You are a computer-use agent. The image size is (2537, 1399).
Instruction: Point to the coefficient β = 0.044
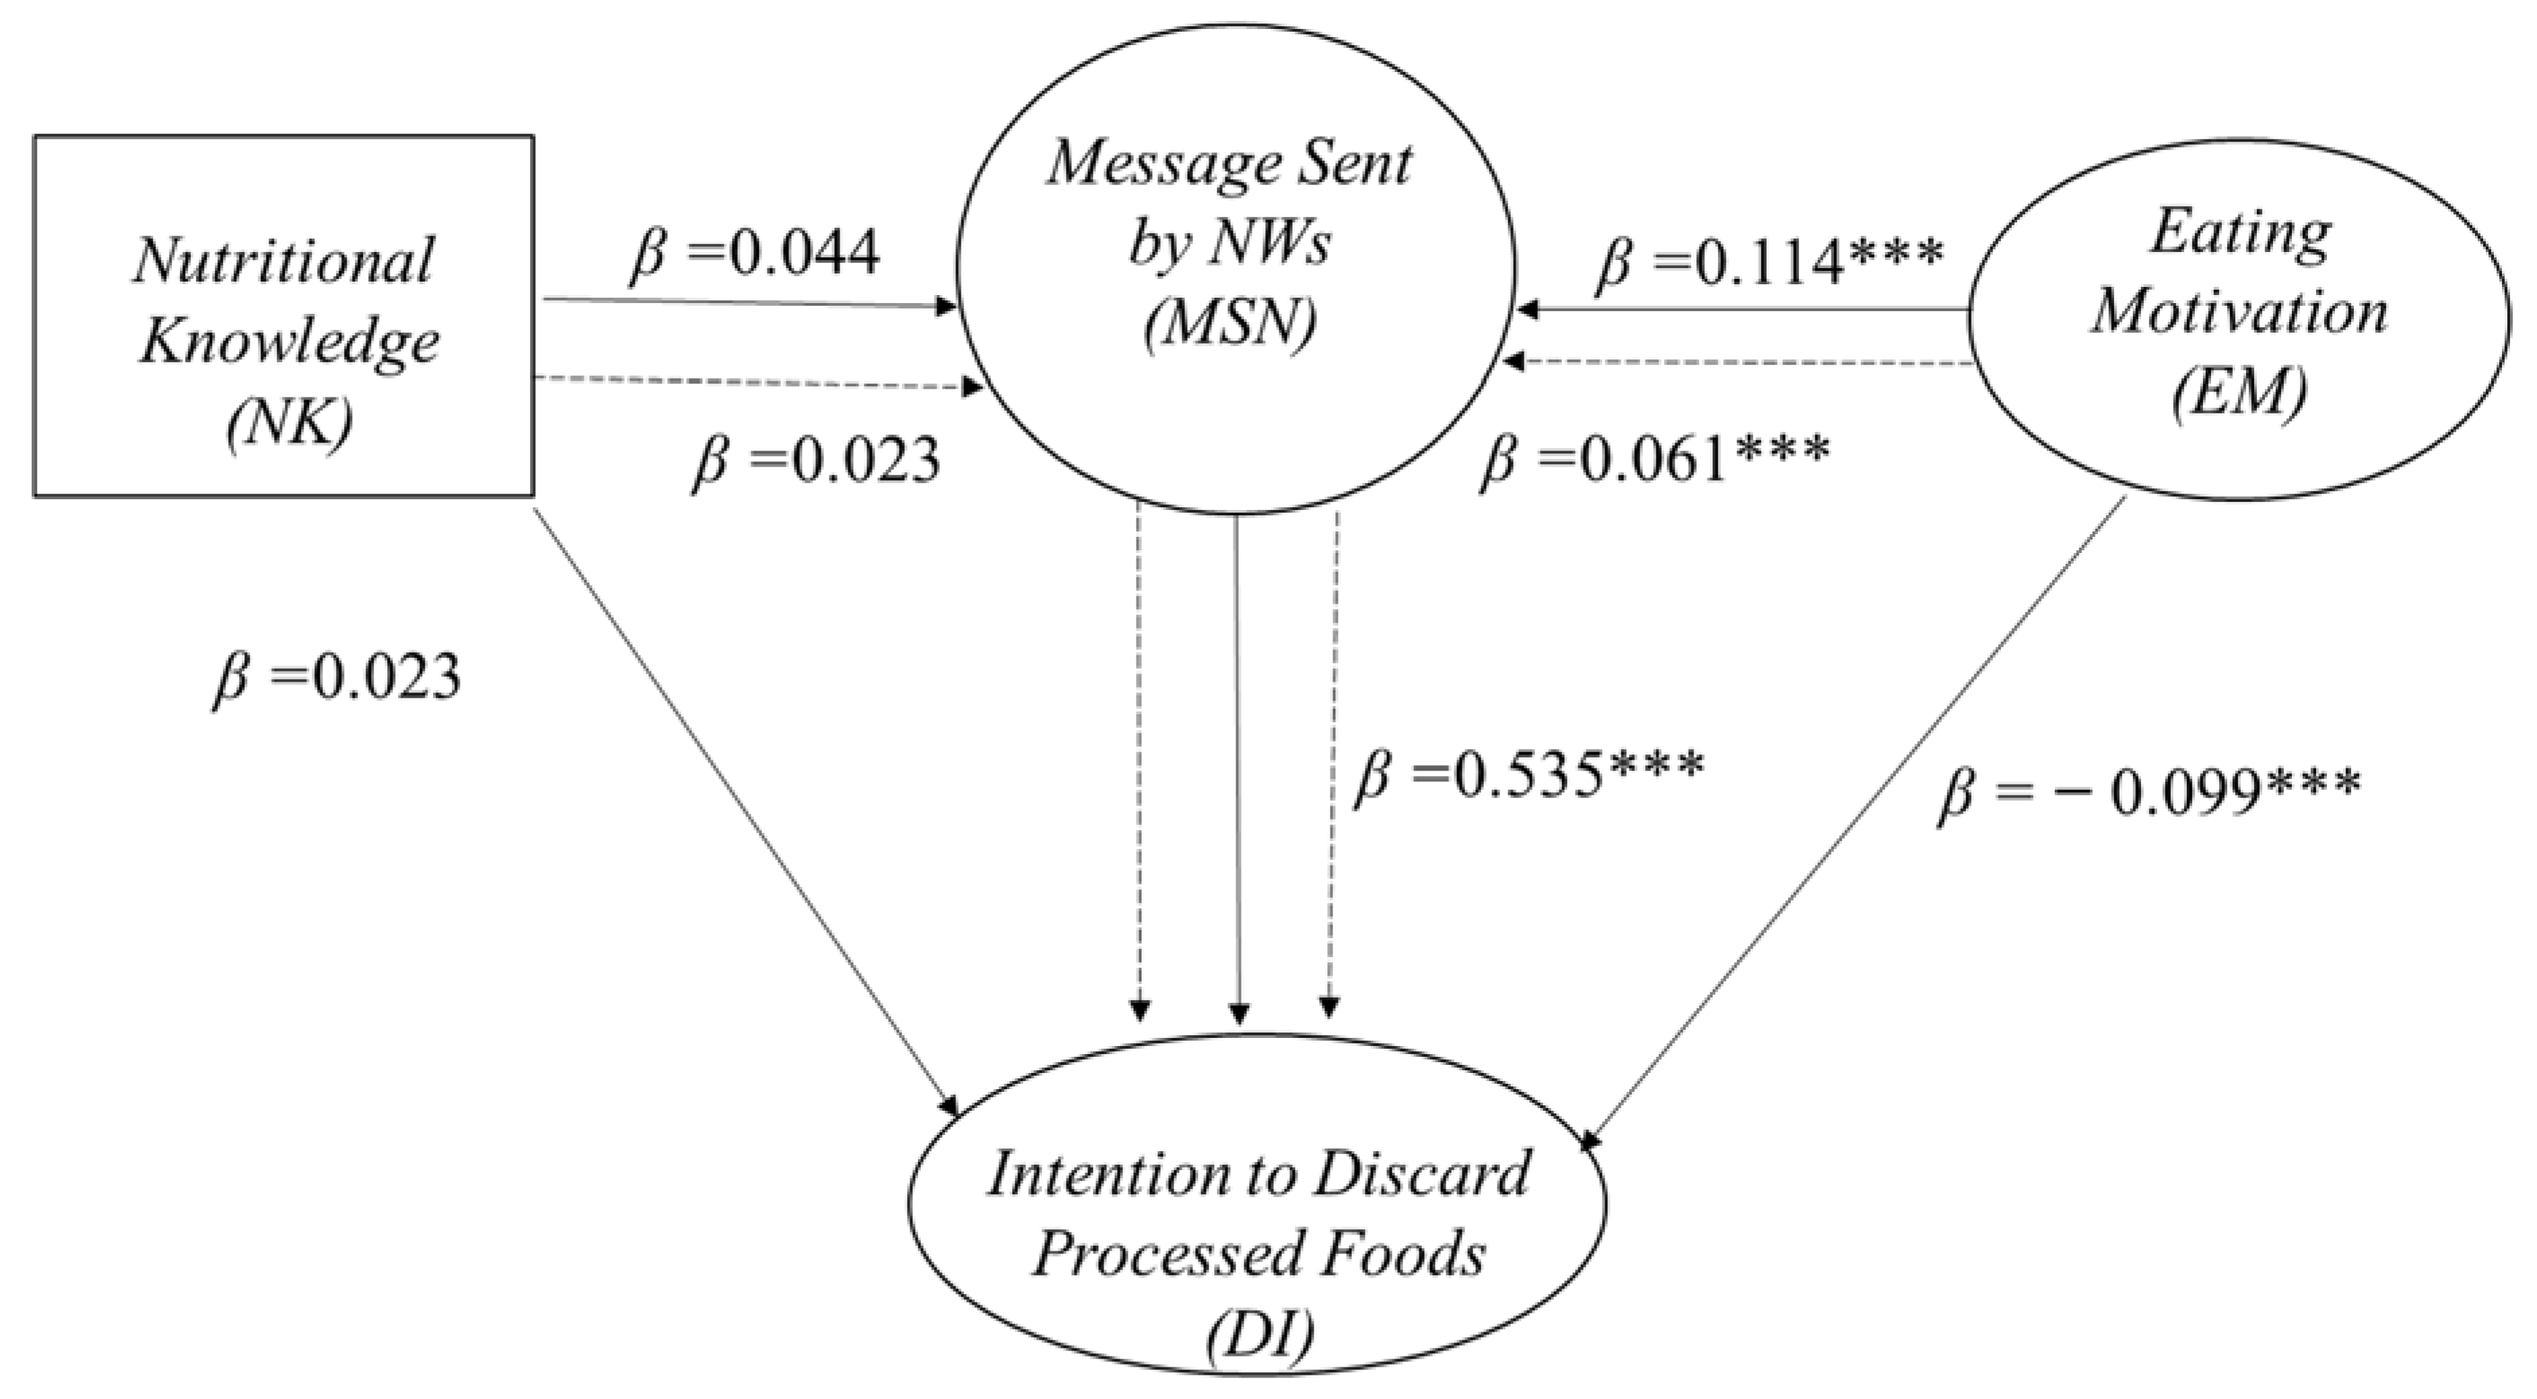(x=753, y=254)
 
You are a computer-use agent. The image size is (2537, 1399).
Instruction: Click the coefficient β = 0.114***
(x=1769, y=263)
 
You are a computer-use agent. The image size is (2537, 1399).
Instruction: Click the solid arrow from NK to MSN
(x=749, y=304)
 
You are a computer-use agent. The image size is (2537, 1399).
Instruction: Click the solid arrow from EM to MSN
(x=1743, y=311)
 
